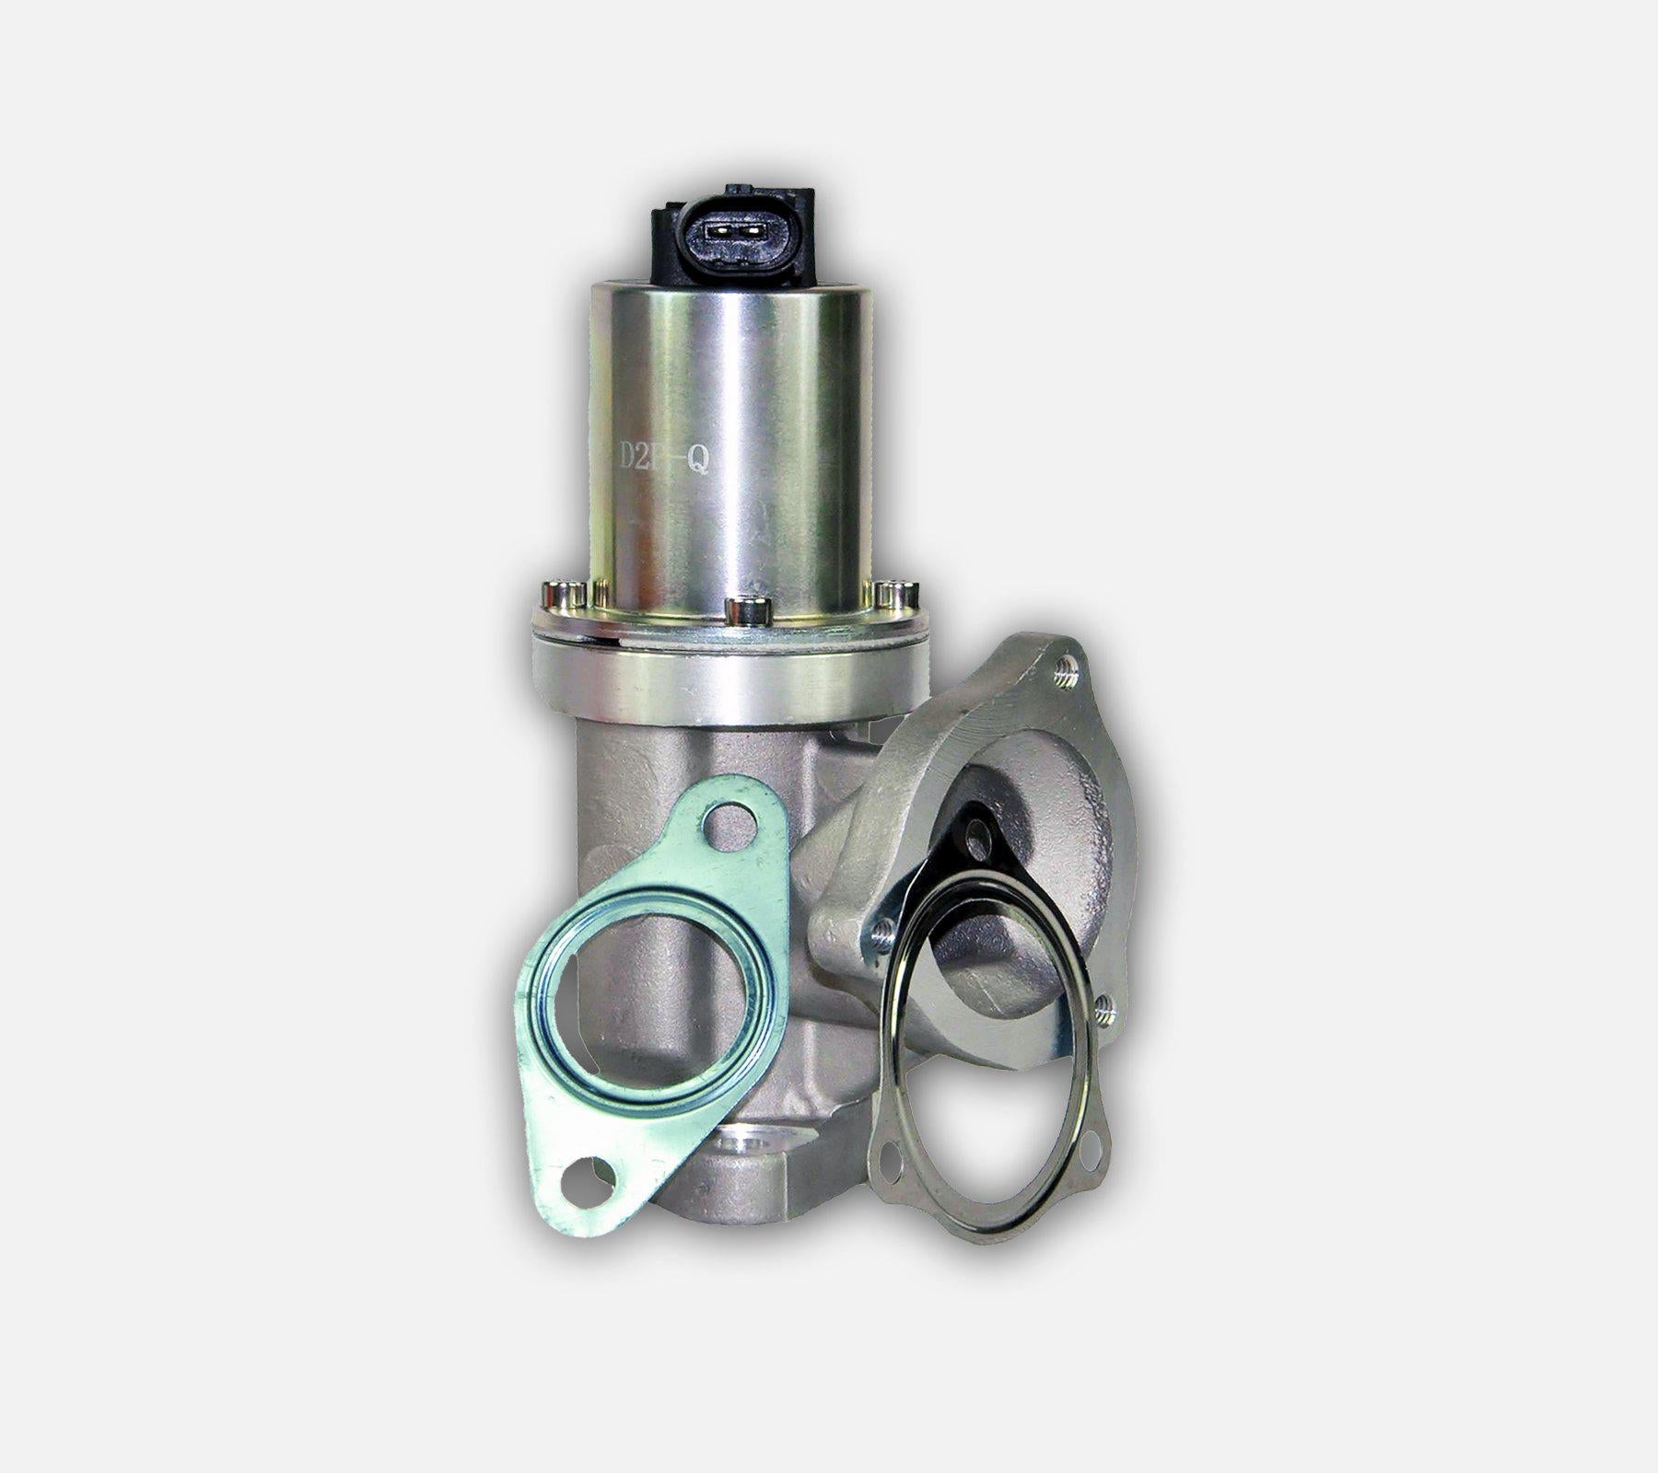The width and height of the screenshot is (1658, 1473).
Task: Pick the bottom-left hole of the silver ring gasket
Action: pyautogui.click(x=890, y=1163)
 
